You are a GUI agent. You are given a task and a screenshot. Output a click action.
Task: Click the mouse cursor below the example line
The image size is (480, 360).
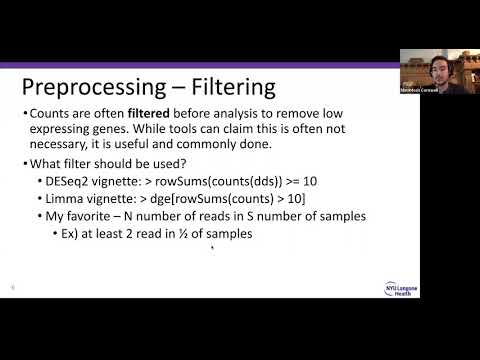(x=211, y=250)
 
